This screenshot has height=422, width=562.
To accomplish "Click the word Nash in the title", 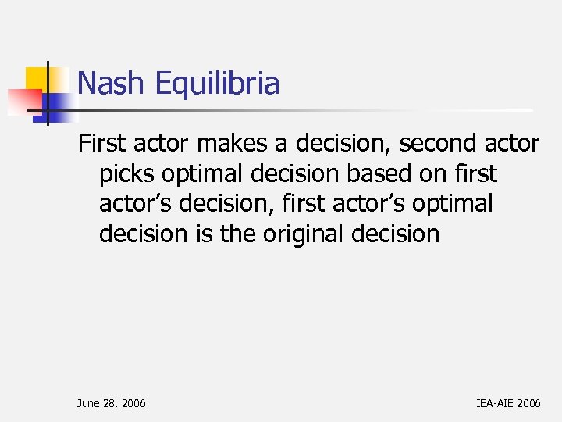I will [110, 83].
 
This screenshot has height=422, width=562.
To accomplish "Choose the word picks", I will [126, 174].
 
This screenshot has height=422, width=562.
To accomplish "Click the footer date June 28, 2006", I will [111, 403].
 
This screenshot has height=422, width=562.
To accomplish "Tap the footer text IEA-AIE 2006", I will [507, 403].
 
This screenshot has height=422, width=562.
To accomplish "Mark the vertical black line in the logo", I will [48, 92].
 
